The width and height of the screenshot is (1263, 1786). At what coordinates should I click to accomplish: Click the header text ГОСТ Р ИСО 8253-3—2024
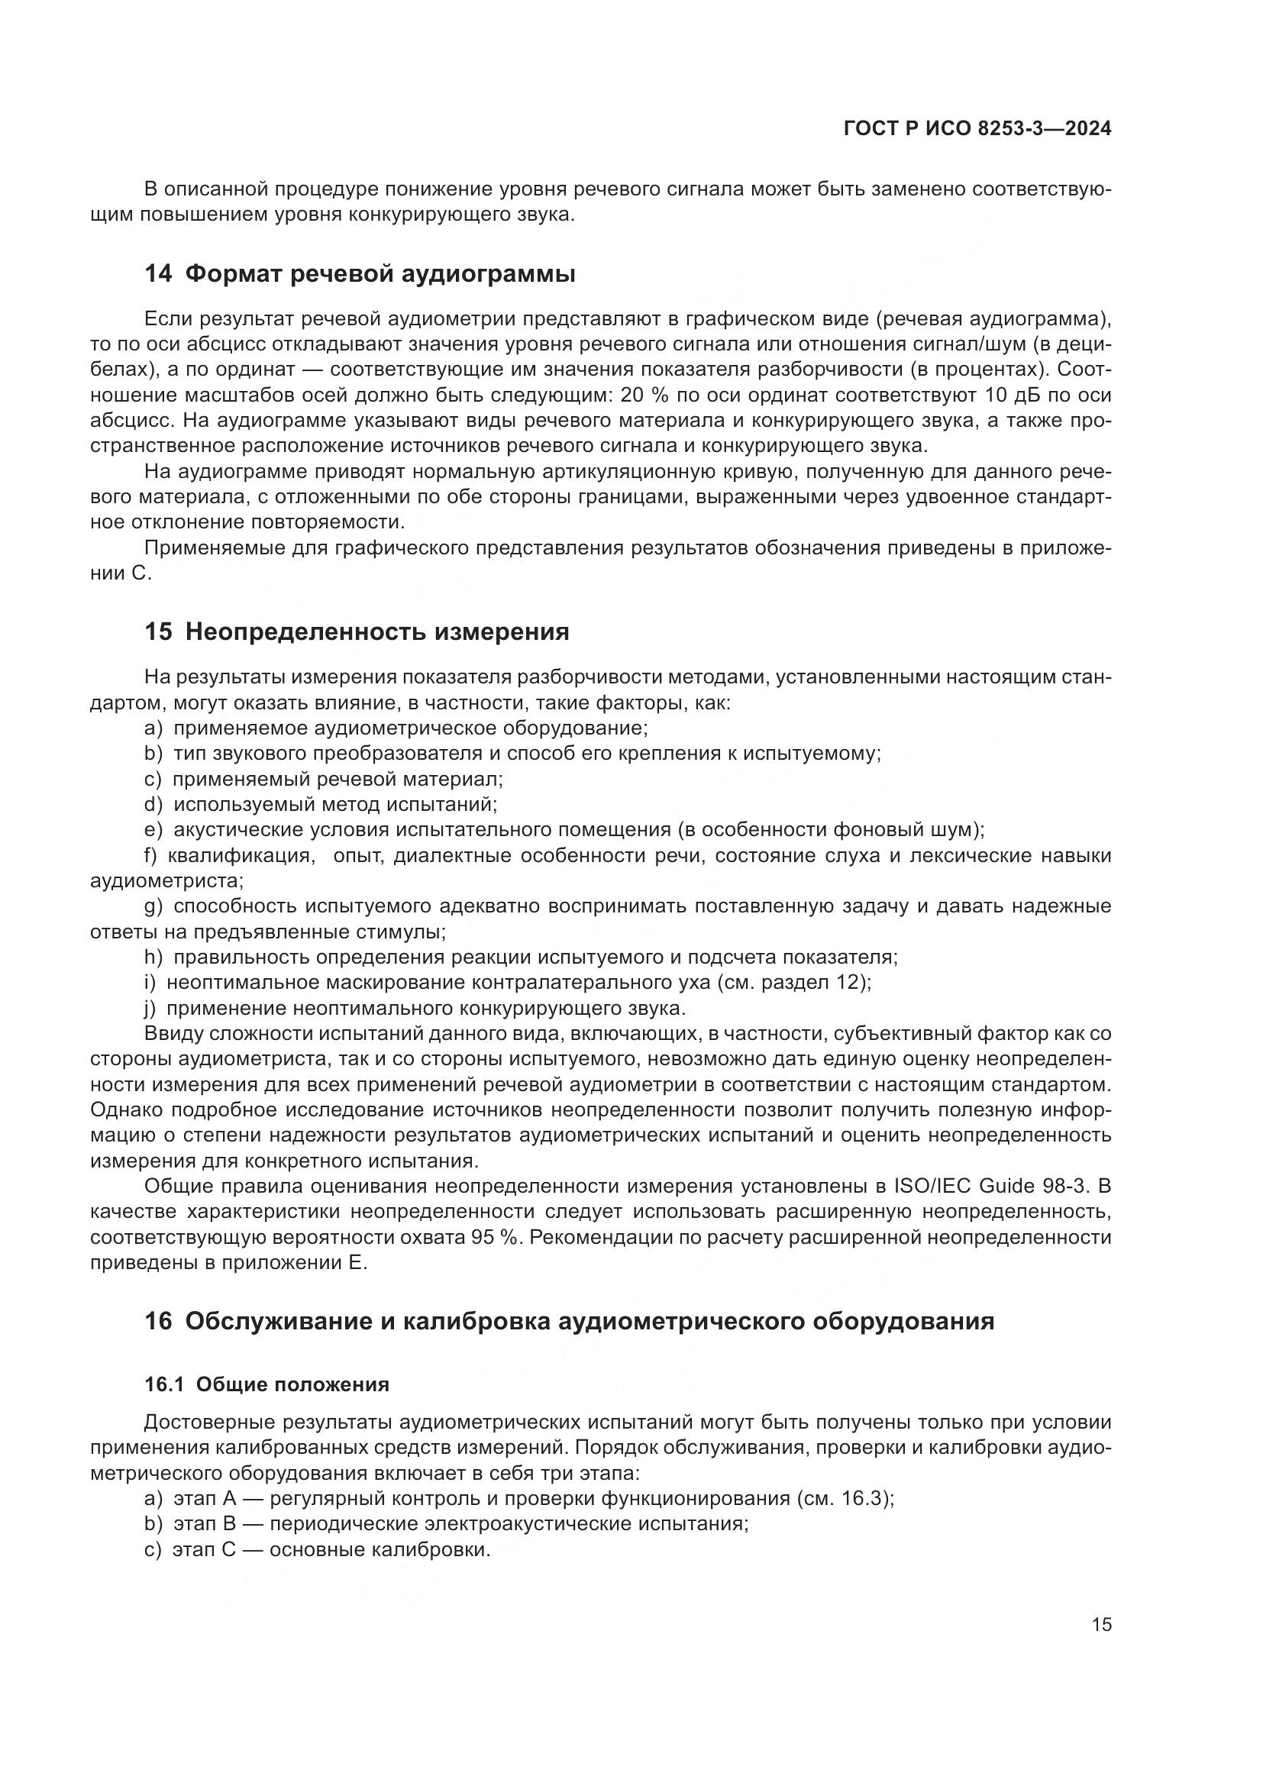[977, 128]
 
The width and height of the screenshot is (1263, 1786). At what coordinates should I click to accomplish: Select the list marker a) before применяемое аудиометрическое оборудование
[153, 728]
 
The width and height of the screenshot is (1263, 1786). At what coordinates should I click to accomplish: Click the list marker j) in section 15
[150, 1009]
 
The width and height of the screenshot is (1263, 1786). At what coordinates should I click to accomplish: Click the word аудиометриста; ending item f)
[166, 881]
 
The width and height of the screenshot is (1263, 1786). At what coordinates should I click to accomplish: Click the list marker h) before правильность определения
[153, 957]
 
